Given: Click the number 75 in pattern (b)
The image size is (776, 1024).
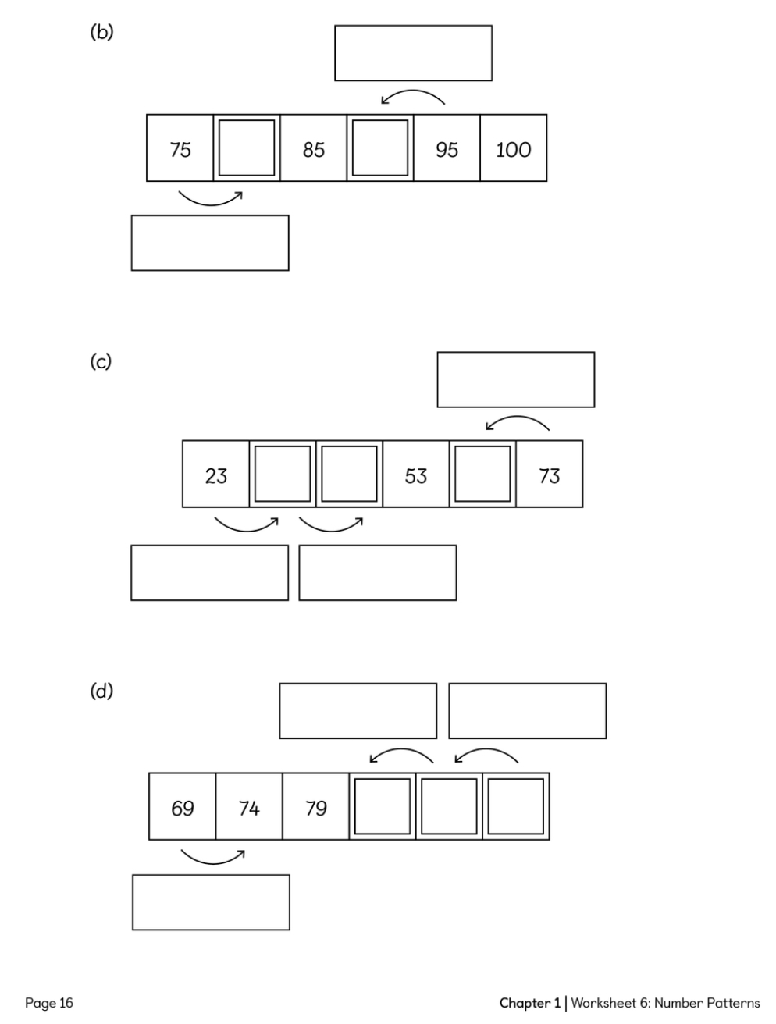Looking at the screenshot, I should [180, 149].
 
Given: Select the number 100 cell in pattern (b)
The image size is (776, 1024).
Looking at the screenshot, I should [513, 149].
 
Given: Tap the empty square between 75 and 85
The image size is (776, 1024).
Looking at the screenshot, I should [247, 148].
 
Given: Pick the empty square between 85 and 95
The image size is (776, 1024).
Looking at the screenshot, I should [380, 148].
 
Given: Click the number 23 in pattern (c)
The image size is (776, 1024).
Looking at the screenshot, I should [215, 475].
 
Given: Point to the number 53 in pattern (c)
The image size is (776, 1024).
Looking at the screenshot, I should [415, 475].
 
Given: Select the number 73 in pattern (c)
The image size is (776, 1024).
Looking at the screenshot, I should [549, 475].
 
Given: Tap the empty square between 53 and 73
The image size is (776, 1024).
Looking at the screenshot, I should [482, 475].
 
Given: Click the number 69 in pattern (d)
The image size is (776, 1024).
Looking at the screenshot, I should [182, 808].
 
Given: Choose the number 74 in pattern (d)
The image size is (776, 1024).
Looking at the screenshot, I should [248, 808].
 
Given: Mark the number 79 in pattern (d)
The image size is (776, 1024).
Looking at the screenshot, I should [315, 808].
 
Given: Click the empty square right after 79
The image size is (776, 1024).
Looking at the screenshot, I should [383, 807].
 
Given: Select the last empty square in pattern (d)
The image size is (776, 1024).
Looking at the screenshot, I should [516, 807].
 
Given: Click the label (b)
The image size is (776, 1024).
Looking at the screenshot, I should [101, 33].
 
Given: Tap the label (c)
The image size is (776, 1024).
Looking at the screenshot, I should [101, 362].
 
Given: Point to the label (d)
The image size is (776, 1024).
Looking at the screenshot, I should [101, 692].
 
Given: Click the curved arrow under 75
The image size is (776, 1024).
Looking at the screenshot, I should [210, 198].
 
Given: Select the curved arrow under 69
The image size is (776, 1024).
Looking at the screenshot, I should [212, 857].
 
